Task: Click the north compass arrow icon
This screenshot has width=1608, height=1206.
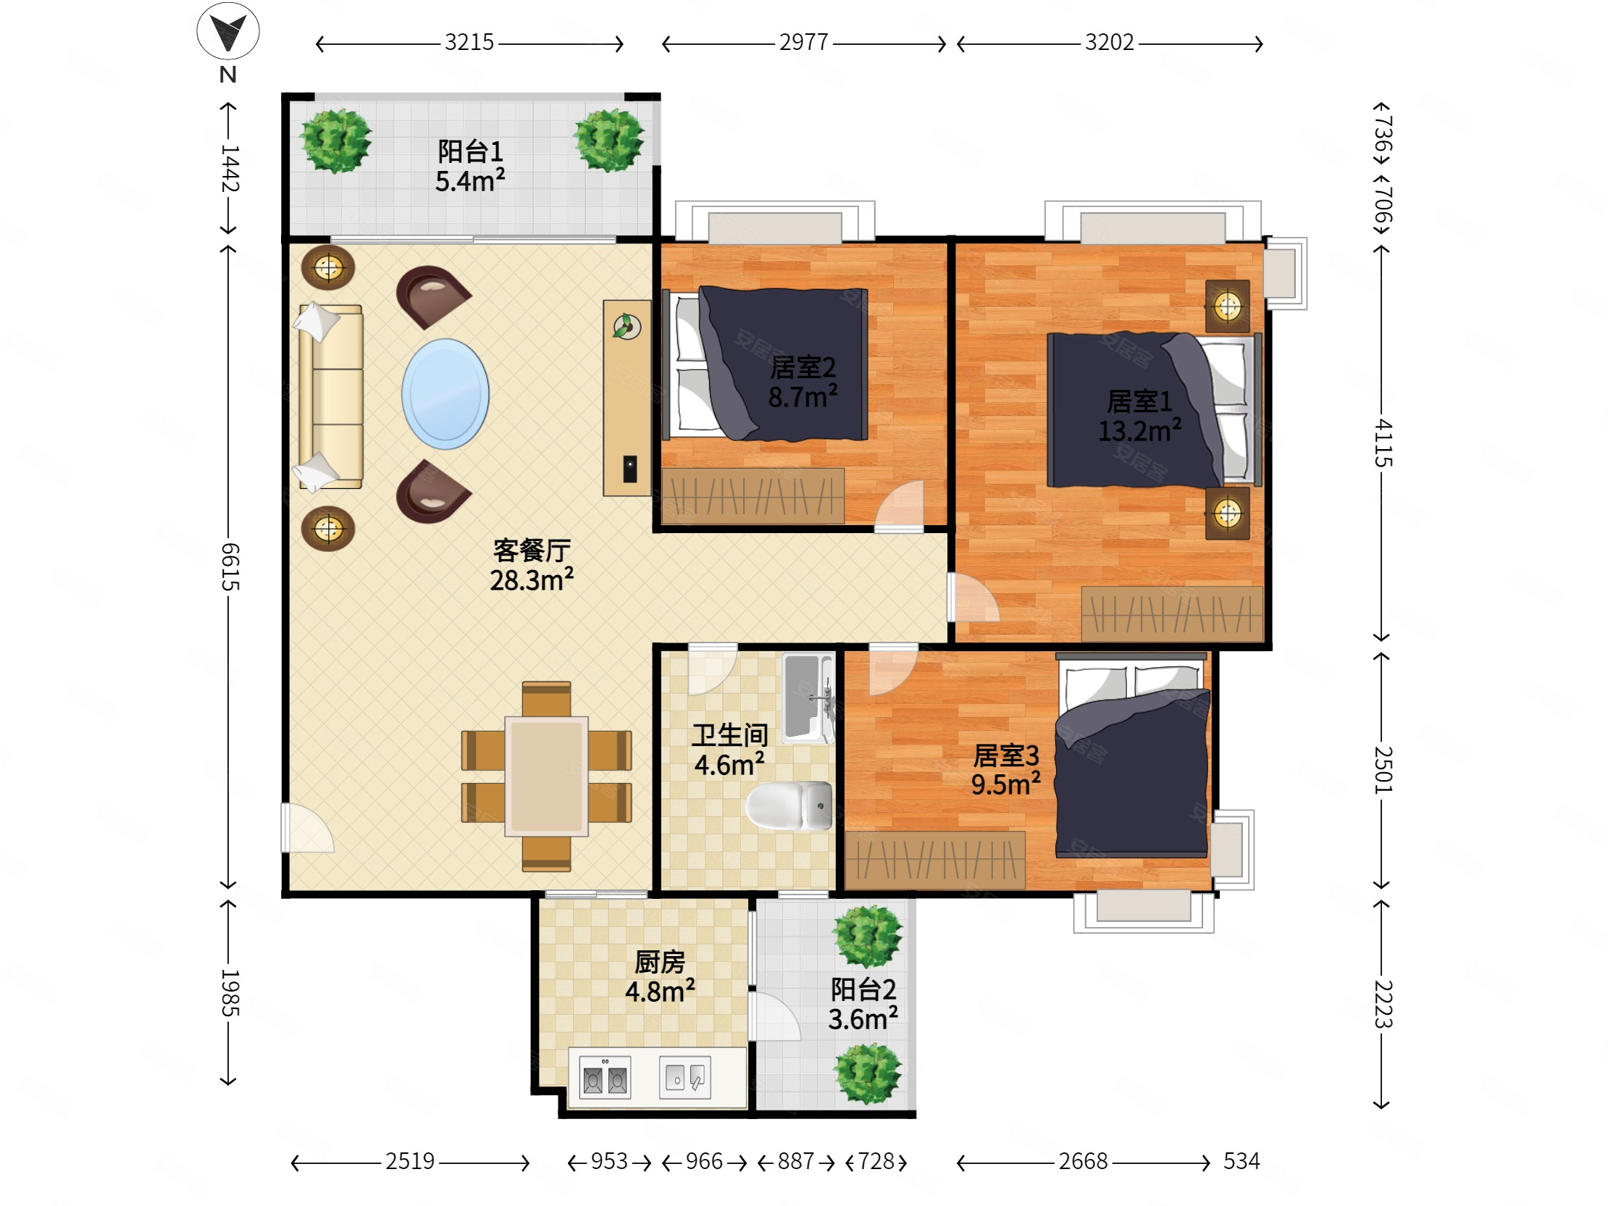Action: tap(228, 31)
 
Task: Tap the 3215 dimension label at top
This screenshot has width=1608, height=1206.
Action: tap(469, 43)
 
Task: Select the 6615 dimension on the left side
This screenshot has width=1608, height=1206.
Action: tap(229, 567)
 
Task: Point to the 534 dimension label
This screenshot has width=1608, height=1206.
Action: tap(1241, 1161)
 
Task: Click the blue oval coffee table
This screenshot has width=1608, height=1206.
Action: tap(445, 394)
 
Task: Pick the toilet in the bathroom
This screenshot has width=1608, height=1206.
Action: tap(789, 805)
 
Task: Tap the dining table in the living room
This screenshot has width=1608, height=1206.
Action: tap(547, 775)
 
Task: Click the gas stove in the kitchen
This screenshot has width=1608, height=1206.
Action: tap(606, 1078)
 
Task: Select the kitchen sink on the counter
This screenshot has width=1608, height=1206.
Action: tap(684, 1077)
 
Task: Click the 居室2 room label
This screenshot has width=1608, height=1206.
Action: tap(803, 368)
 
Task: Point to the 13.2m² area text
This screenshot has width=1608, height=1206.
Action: tap(1139, 431)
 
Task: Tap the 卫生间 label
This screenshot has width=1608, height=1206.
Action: tap(730, 735)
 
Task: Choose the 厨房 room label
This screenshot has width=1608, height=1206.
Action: tap(660, 963)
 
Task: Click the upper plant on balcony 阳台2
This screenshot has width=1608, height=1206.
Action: tap(868, 937)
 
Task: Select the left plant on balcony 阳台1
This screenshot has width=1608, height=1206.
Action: tap(337, 141)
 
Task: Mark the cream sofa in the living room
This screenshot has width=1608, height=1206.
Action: tap(329, 397)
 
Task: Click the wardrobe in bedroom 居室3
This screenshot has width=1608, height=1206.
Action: tap(936, 860)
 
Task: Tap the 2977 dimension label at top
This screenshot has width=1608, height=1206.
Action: tap(804, 43)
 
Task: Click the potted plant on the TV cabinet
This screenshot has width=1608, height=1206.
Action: tap(626, 327)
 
